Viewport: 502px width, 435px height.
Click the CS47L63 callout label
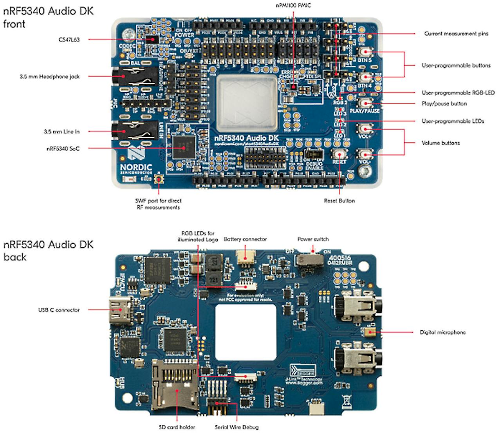[69, 40]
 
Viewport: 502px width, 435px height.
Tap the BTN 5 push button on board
[365, 52]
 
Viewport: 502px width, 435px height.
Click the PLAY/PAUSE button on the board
[365, 103]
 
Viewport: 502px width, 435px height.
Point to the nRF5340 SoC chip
[184, 148]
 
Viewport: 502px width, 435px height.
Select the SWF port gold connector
[159, 179]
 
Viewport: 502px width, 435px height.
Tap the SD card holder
[175, 384]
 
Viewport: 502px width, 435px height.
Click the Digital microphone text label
[442, 332]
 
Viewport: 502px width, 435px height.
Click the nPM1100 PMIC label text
[293, 5]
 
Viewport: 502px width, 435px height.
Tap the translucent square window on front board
[247, 103]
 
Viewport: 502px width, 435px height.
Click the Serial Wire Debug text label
[237, 427]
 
